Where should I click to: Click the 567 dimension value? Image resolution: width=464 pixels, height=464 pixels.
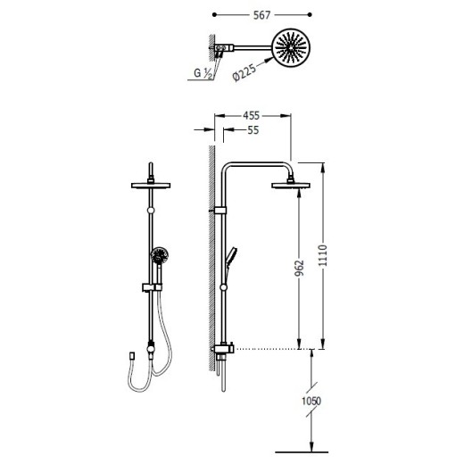(x=261, y=15)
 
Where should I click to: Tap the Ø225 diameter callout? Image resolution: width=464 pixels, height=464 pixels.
(x=244, y=72)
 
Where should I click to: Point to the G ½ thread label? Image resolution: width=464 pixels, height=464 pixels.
(x=203, y=73)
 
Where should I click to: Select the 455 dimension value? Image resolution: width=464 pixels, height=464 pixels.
(x=252, y=116)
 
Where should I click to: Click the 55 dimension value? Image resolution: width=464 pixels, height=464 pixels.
(x=253, y=130)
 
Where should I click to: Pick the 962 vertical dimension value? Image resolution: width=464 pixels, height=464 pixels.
(x=300, y=268)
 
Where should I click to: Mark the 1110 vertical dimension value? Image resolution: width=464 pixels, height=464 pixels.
(x=323, y=256)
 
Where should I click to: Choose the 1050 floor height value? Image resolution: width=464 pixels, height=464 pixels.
(x=311, y=401)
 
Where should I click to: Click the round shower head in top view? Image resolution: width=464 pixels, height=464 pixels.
(x=291, y=47)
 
